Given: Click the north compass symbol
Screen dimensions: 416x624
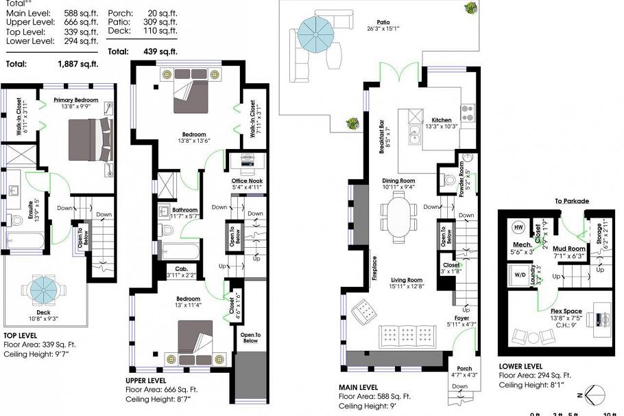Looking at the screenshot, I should point(593,395).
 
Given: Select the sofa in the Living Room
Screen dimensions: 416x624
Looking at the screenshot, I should point(398,336).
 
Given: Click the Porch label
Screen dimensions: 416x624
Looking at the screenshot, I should point(464,369).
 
